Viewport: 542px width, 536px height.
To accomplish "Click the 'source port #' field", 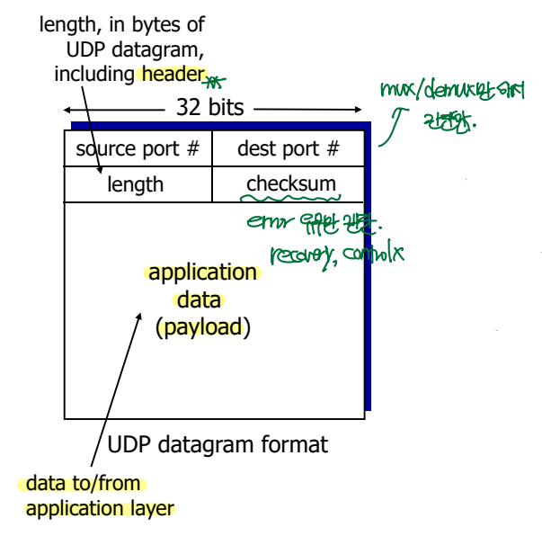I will click(x=137, y=148).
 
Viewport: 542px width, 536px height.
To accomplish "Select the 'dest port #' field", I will click(x=289, y=148).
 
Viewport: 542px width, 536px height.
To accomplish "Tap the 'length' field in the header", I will click(x=136, y=184).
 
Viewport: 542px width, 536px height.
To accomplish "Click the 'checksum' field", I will click(x=291, y=184).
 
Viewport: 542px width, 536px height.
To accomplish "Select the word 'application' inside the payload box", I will click(x=202, y=272).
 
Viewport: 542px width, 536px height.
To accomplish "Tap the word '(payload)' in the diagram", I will click(x=202, y=326).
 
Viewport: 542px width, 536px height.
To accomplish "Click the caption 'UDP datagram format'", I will click(x=218, y=444).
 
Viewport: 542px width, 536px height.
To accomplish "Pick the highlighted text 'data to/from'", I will click(x=84, y=484).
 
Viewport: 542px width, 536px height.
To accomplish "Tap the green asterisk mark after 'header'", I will click(x=212, y=82).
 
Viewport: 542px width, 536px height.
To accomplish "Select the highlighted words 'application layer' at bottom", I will click(x=100, y=509).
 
